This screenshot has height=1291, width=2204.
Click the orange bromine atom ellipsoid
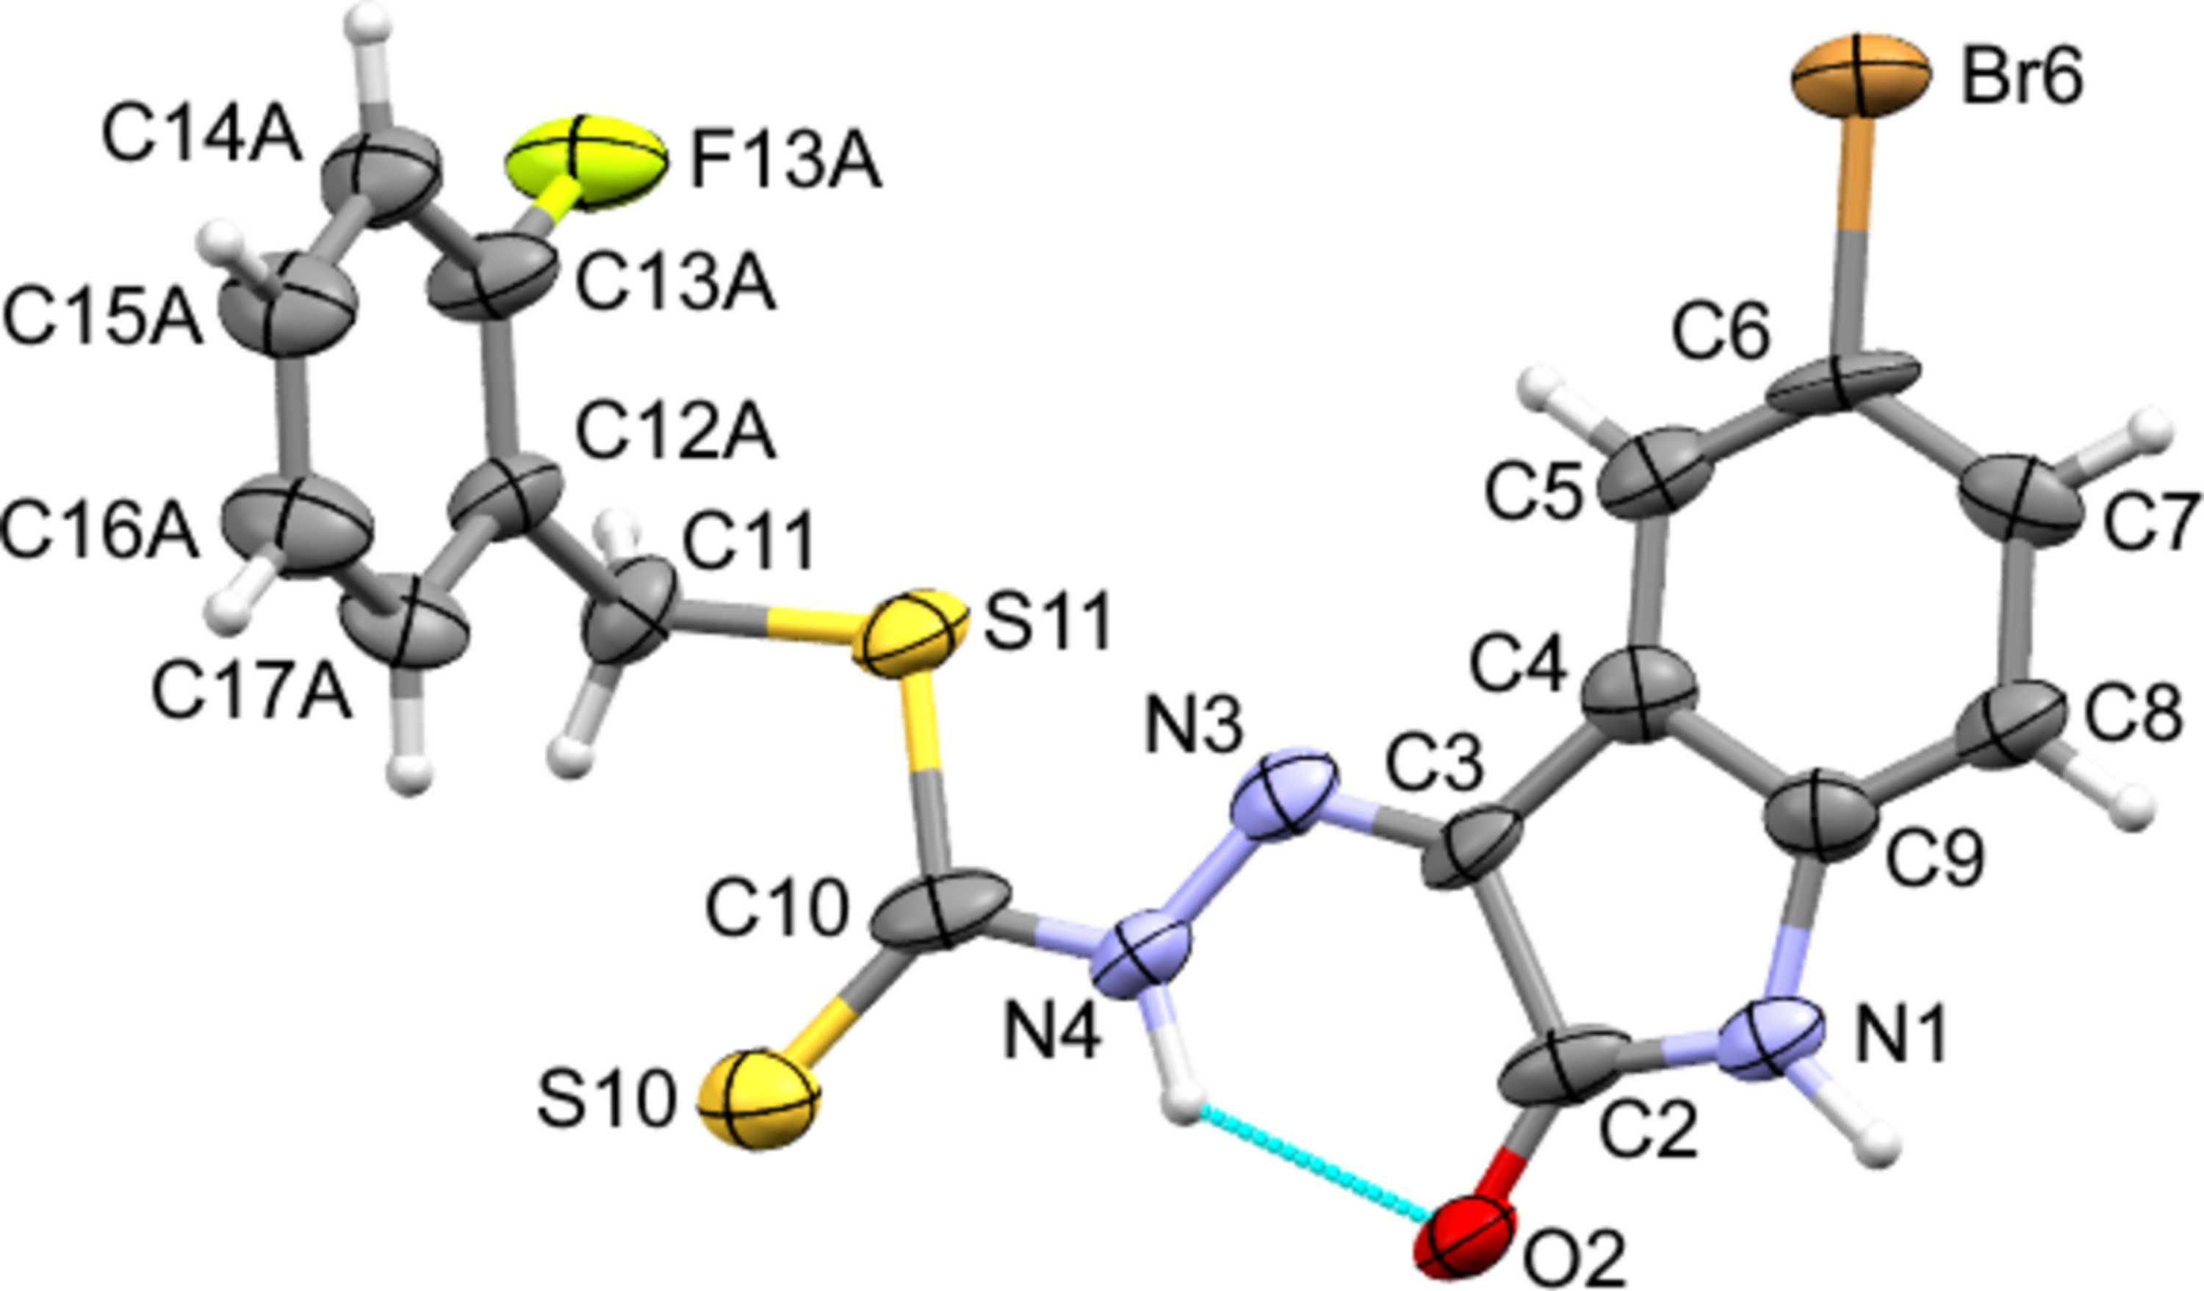point(1859,87)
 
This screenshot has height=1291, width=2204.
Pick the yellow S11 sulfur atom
point(910,631)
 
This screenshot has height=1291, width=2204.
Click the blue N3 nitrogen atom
point(1285,792)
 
